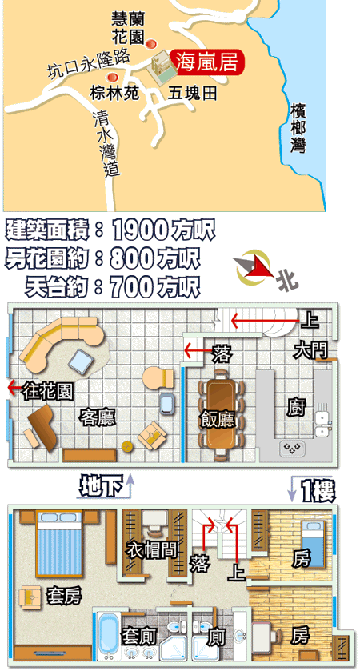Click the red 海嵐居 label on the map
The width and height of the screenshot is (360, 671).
click(x=207, y=62)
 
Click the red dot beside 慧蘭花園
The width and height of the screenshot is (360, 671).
click(x=150, y=44)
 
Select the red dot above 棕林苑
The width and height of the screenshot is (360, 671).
click(x=112, y=77)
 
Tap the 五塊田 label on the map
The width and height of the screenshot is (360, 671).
click(x=192, y=94)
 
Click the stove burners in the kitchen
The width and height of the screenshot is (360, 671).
click(x=292, y=448)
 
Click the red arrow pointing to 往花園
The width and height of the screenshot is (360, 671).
click(x=15, y=388)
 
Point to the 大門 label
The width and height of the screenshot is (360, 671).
click(x=310, y=352)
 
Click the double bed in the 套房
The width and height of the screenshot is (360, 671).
click(x=60, y=544)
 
